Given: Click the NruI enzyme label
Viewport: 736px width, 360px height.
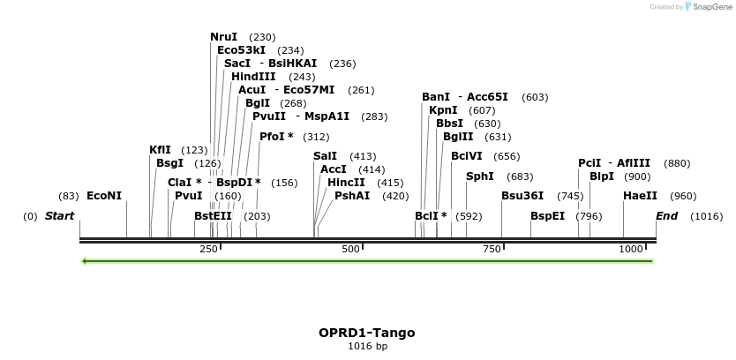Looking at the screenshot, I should click(223, 37).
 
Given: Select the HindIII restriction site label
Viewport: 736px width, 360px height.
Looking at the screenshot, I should click(253, 77).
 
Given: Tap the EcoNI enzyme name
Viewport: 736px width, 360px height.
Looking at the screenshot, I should click(104, 196).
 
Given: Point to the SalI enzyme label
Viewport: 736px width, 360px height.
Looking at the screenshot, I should click(325, 156).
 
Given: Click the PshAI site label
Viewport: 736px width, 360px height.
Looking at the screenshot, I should click(352, 196).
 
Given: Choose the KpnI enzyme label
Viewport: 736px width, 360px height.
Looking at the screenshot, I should click(443, 110).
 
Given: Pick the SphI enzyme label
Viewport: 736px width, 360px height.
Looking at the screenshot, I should click(480, 176).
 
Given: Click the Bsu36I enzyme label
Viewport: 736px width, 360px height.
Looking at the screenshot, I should click(522, 196).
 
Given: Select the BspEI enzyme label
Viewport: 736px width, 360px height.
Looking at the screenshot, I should click(547, 216).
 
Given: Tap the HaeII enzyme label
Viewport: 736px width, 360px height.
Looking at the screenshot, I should click(640, 196).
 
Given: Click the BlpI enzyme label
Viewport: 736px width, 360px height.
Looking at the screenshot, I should click(602, 176).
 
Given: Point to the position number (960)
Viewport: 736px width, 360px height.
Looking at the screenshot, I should click(683, 196).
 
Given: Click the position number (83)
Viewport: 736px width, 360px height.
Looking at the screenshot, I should click(69, 196).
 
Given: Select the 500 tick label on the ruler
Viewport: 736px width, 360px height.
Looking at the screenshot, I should click(351, 250).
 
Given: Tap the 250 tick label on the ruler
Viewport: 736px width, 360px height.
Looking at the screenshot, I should click(208, 250).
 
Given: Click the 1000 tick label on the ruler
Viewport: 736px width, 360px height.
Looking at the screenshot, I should click(632, 250).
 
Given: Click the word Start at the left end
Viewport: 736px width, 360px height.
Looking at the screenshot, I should click(59, 216).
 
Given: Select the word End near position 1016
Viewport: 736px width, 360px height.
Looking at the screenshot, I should click(667, 216).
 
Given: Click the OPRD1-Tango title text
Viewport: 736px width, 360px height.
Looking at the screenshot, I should click(367, 333).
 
